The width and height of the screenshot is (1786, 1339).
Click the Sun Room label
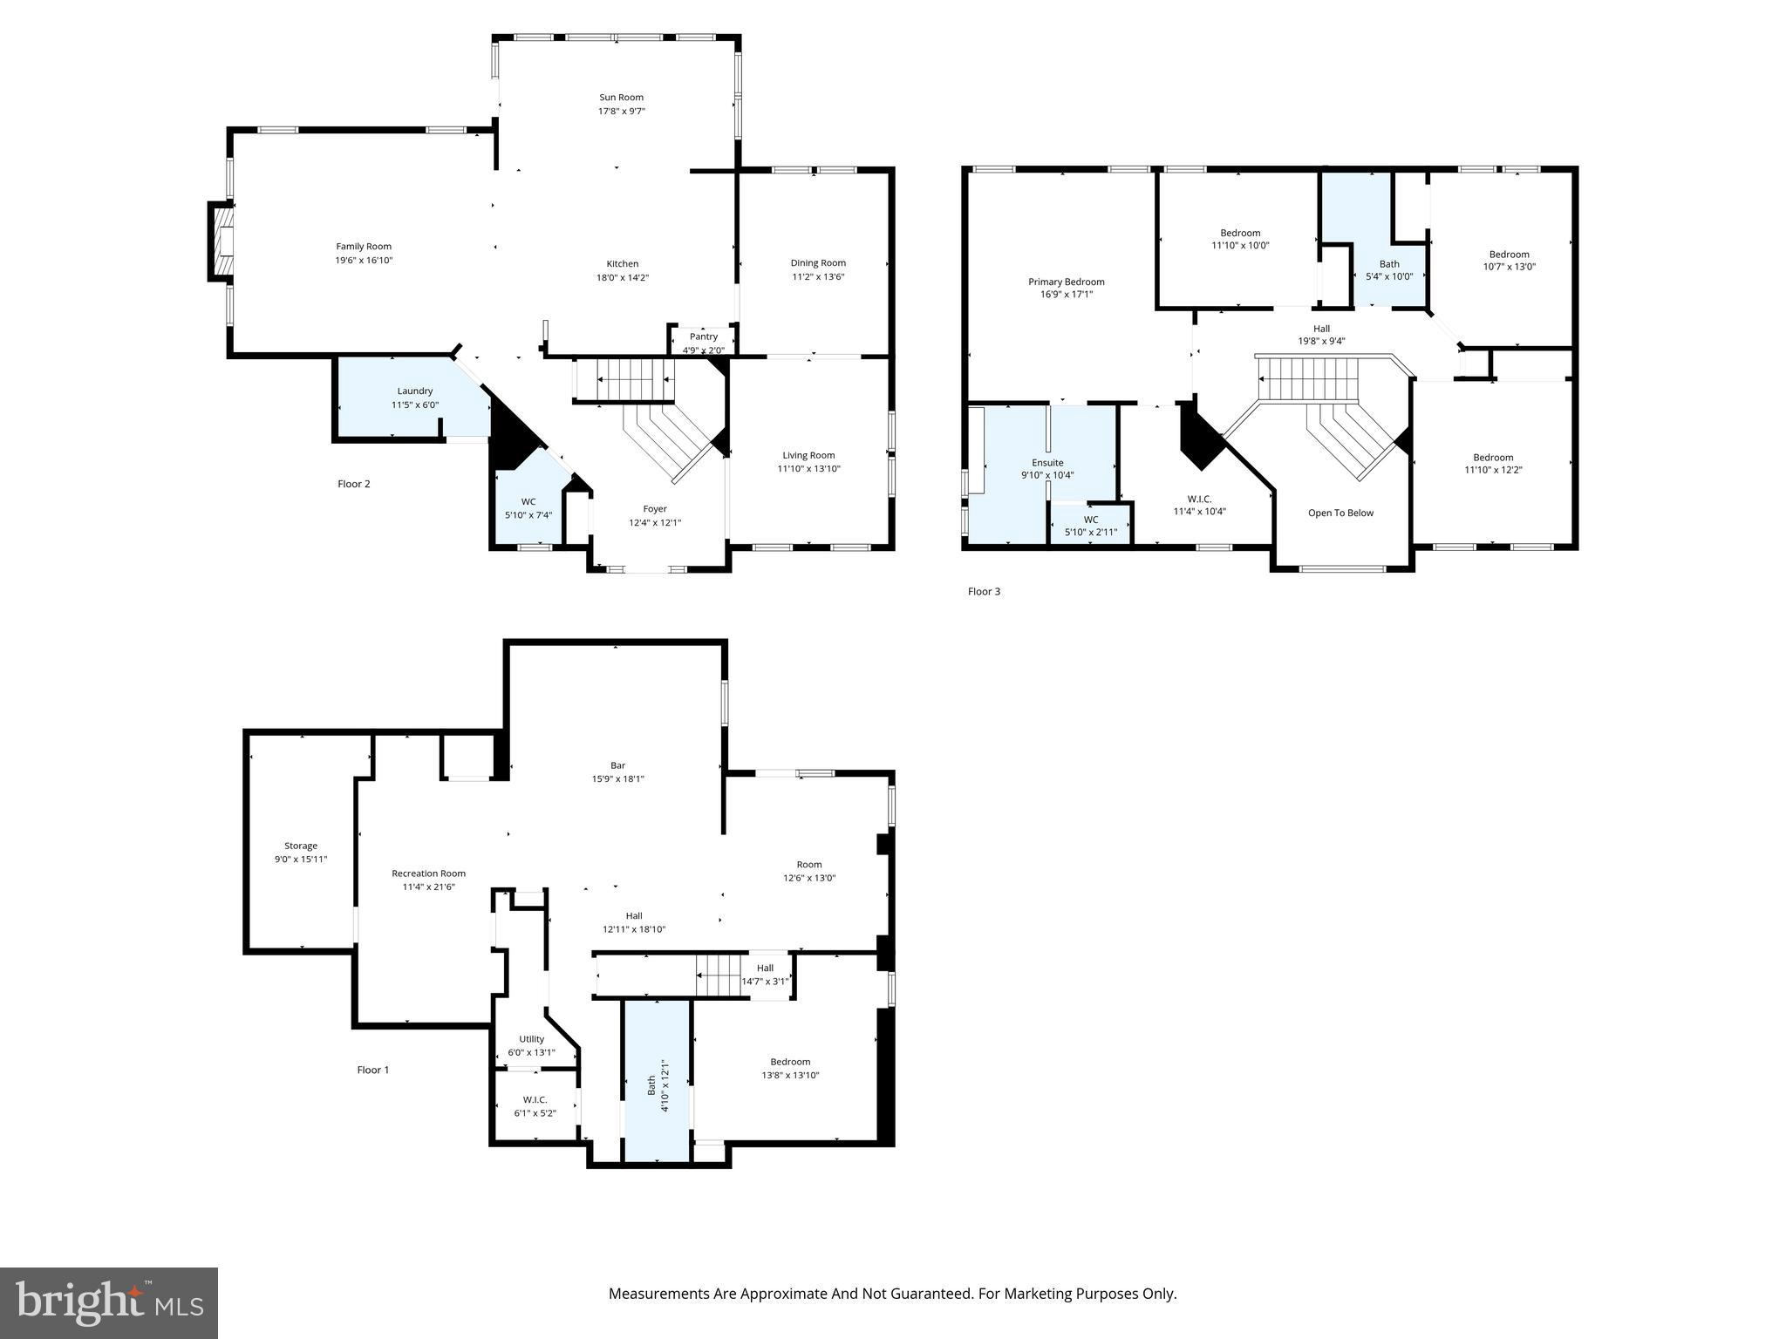[621, 98]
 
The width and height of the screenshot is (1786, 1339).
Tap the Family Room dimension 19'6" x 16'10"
[365, 261]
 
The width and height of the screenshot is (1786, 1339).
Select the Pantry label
[703, 336]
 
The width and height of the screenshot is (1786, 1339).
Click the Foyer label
[654, 509]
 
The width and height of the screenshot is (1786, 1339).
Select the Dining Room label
[818, 263]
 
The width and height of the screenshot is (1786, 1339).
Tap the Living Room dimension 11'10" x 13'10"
[808, 469]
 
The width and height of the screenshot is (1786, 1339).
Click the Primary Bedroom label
[1066, 282]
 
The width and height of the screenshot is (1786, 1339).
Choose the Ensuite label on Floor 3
[1047, 463]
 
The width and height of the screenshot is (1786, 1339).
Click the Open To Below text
[1340, 513]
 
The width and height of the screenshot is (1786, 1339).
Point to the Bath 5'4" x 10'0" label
[1389, 264]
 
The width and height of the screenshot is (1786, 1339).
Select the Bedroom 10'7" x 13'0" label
[1509, 255]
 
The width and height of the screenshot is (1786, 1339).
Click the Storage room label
[301, 846]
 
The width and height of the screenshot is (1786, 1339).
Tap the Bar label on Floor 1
[617, 765]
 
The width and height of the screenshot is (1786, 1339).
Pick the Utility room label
[531, 1039]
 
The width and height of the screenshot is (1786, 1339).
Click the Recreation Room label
[428, 873]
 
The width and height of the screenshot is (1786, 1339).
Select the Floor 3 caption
[984, 592]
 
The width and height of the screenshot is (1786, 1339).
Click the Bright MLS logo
[109, 1303]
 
